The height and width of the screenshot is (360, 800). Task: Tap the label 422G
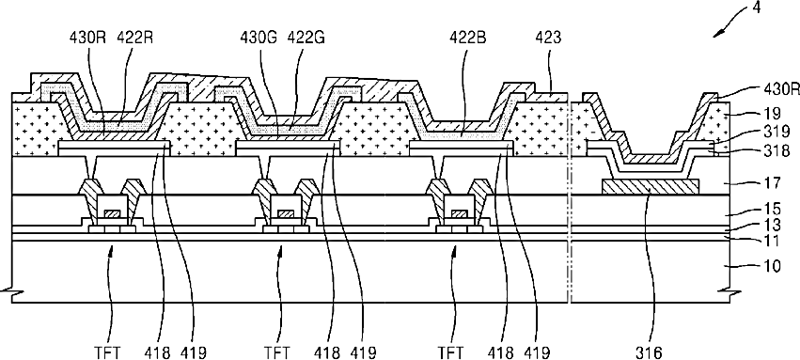pos(306,38)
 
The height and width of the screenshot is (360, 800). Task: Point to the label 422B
pos(467,38)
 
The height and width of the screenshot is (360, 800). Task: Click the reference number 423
pos(548,38)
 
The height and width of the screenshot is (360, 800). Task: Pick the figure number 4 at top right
pos(756,8)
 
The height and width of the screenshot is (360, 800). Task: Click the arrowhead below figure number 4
pos(717,33)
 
